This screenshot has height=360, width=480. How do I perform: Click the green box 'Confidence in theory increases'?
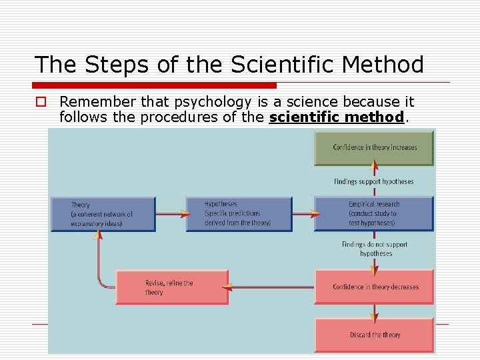[x=374, y=147]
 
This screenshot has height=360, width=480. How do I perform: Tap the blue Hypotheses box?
[x=239, y=214]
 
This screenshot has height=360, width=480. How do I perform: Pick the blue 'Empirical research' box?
[x=373, y=214]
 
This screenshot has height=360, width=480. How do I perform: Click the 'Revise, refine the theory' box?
[x=172, y=287]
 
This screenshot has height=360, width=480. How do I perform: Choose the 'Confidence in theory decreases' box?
[x=374, y=287]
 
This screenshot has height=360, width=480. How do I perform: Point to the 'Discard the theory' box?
[x=374, y=335]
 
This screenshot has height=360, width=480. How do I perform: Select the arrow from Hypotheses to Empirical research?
[x=303, y=214]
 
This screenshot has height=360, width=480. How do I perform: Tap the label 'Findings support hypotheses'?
[x=374, y=181]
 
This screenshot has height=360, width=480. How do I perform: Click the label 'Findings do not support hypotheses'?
[x=375, y=249]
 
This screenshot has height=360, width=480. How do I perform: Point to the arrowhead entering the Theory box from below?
[x=98, y=235]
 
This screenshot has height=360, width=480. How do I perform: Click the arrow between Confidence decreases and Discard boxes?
[x=374, y=311]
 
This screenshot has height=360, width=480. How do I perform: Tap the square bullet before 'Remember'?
[x=41, y=102]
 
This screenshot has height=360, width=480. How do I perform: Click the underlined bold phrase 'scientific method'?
[x=337, y=117]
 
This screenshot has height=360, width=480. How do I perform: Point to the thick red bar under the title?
[x=155, y=85]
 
